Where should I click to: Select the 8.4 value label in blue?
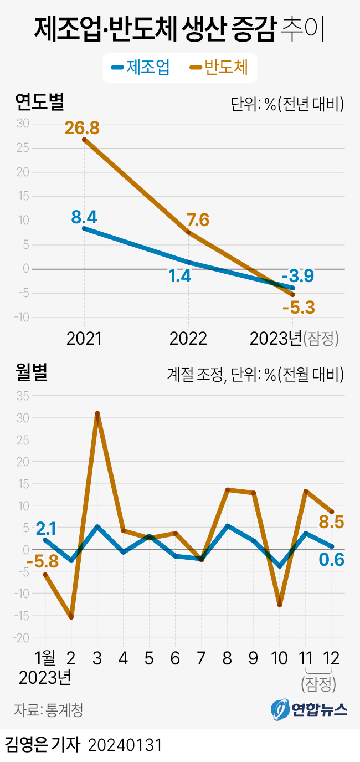tap(85, 217)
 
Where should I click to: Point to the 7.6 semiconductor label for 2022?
tap(197, 220)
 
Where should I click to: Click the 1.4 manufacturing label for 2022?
tap(179, 276)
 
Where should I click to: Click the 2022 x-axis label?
tap(188, 339)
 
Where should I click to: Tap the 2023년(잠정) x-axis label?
tap(294, 339)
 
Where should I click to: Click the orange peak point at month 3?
tap(97, 413)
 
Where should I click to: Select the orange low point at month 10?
tap(280, 605)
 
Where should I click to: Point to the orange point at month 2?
tap(71, 617)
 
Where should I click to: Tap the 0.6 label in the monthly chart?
tap(332, 560)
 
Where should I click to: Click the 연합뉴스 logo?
tap(309, 709)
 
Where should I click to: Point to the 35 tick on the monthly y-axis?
tap(23, 396)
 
